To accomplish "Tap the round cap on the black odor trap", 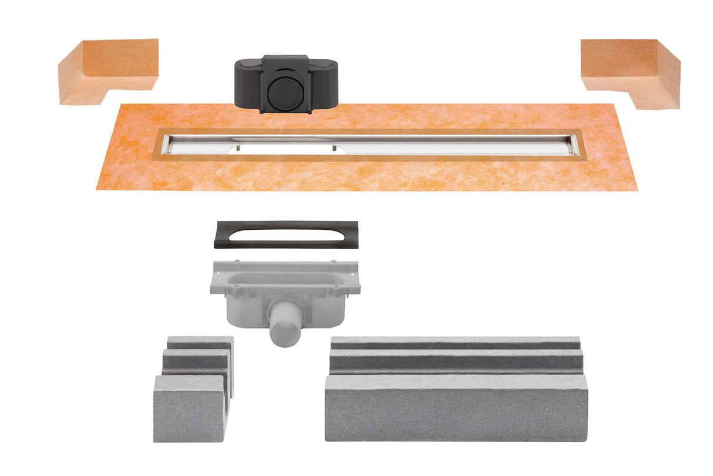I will tap(286, 92).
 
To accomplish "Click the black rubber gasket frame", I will tap(287, 235).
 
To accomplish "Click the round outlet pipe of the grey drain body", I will tap(287, 329).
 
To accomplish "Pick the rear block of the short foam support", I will tap(200, 343).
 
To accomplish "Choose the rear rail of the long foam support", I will tap(455, 342).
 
